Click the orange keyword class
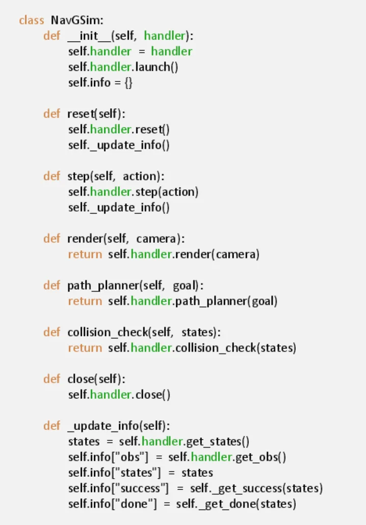32,20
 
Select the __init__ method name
89,36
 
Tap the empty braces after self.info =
128,82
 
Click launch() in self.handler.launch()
156,67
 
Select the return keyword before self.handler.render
85,254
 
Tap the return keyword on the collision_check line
85,348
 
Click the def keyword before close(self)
51,379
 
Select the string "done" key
134,504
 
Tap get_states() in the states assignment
218,442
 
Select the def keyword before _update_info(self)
51,426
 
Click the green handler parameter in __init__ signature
164,36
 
